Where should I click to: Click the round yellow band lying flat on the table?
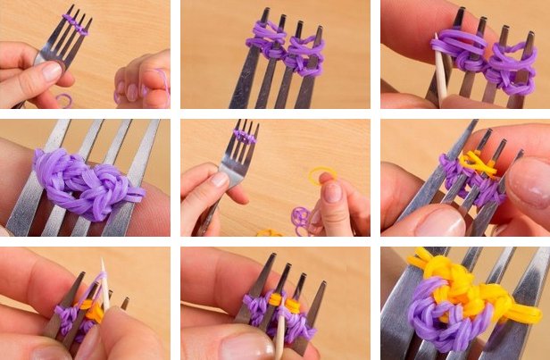(324, 175)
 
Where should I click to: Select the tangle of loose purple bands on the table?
(301, 217)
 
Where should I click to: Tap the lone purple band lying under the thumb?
(62, 99)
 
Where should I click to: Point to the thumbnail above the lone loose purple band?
(50, 71)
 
